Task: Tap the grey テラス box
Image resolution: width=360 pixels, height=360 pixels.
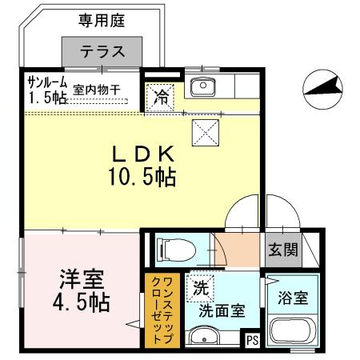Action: tap(102, 52)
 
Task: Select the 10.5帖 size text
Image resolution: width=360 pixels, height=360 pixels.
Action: tap(142, 176)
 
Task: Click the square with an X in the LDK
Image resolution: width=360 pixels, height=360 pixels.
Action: tap(204, 130)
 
